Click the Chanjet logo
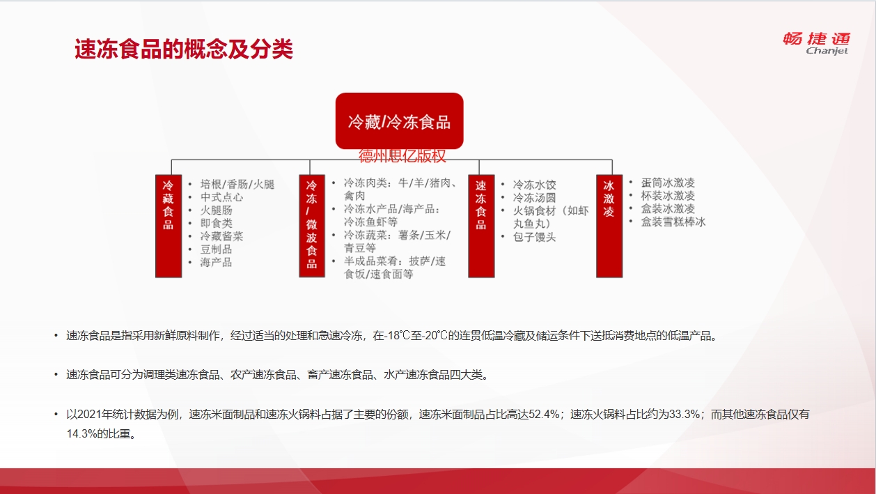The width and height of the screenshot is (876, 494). pos(817,43)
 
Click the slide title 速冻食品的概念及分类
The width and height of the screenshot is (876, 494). pos(184,49)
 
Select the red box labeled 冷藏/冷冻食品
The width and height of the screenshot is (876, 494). pos(399,121)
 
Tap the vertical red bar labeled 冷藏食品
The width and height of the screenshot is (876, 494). pos(168,226)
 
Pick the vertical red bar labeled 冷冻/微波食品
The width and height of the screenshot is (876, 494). pos(312,226)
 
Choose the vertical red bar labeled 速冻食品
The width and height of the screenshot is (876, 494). pos(481,226)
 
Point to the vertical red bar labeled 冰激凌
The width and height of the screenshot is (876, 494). pos(609,226)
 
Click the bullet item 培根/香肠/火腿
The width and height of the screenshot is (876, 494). pos(237,184)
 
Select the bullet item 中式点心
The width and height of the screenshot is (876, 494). pos(221,197)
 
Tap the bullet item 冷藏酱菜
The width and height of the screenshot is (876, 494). pos(221,236)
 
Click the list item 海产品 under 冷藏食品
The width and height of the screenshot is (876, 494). pos(217,262)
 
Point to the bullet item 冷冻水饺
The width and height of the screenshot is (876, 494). pos(534,185)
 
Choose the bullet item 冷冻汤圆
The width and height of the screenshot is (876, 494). pos(534,198)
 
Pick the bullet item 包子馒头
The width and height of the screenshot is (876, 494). pos(534,237)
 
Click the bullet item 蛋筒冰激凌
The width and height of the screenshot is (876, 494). pos(668,183)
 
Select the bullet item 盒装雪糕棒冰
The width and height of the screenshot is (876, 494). pos(673,222)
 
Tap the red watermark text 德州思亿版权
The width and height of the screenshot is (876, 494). pos(402,156)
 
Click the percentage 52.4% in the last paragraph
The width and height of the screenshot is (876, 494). pos(545,414)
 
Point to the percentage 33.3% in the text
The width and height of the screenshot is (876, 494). pos(685,414)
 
